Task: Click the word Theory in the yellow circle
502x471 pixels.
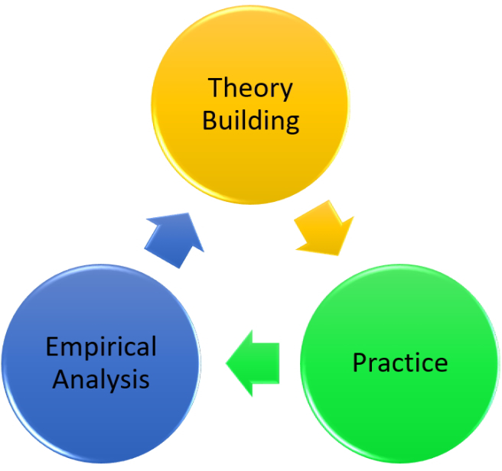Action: coord(250,89)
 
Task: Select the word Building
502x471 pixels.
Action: coord(251,122)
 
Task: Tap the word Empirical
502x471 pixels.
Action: coord(101,348)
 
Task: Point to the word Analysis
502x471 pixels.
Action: coord(101,380)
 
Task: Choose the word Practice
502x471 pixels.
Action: coord(400,362)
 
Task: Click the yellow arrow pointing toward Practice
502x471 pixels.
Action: coord(324,229)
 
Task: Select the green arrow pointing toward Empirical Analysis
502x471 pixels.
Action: coord(253,363)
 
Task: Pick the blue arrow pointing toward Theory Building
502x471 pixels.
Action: coord(174,240)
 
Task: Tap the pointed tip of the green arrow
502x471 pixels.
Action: coord(226,363)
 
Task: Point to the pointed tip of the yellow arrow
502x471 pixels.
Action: coord(338,255)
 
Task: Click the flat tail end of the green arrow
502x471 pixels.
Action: coord(279,363)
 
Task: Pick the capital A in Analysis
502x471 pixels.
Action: coord(61,378)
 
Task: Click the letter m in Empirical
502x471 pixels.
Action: coord(71,349)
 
